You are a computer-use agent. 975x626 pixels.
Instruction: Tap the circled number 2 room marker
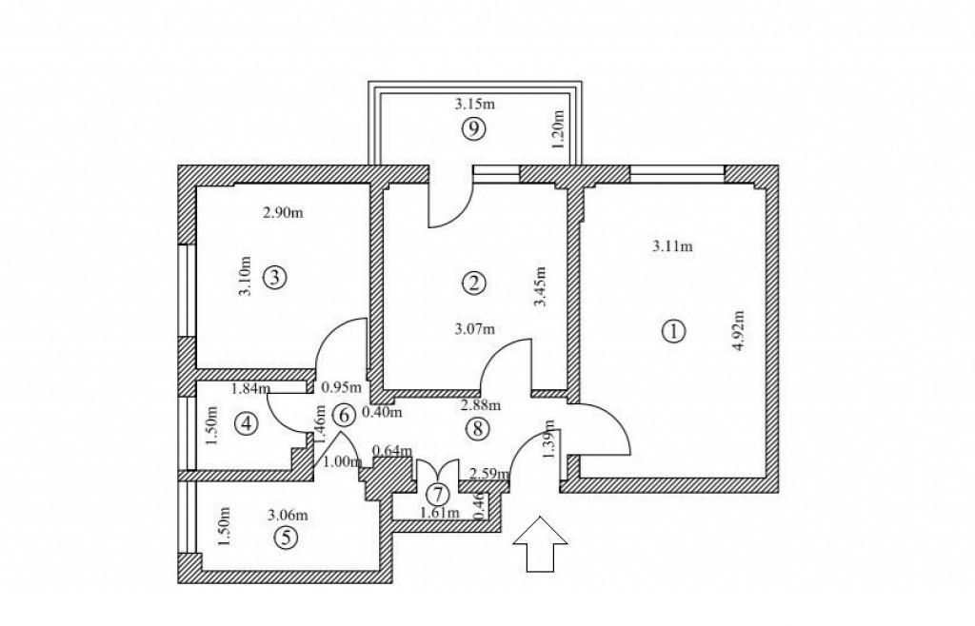coord(473,282)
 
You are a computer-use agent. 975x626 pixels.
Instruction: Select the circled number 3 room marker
coord(273,278)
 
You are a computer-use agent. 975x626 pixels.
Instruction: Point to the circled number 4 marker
coord(247,423)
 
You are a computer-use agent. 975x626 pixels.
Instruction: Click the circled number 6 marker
coord(345,415)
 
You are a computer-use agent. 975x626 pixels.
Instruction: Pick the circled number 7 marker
coord(437,494)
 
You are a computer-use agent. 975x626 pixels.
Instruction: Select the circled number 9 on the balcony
coord(472,129)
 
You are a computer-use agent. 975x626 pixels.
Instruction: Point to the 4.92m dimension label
coord(737,330)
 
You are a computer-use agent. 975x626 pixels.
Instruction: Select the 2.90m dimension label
coord(283,212)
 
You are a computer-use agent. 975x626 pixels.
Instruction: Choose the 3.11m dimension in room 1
coord(672,247)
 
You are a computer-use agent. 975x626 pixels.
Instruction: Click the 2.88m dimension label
coord(480,404)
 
